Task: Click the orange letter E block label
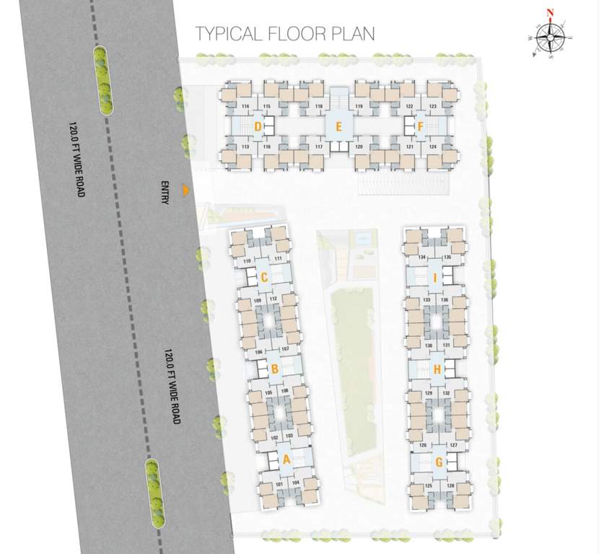337,128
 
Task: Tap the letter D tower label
258,128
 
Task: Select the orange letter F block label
420,128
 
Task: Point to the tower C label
264,277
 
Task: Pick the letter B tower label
273,369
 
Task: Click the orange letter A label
286,459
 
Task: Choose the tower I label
434,278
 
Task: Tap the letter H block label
437,370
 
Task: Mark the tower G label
439,462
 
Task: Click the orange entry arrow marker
185,190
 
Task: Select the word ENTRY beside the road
165,192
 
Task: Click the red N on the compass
550,12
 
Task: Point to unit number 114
245,107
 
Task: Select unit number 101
279,484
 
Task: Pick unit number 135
447,258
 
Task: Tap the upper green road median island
105,79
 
